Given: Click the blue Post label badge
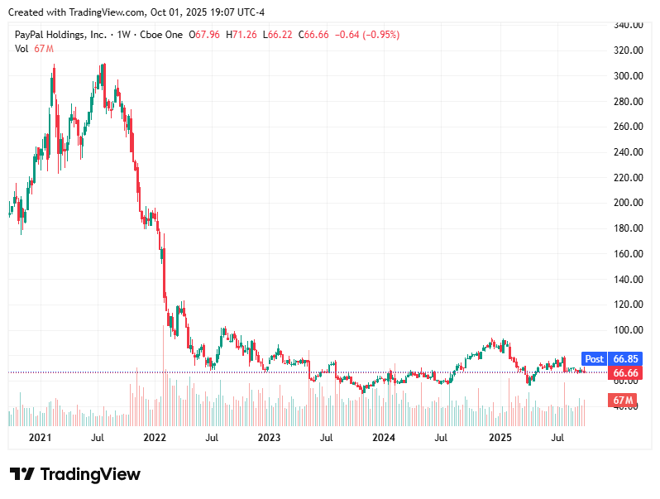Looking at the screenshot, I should pos(594,359).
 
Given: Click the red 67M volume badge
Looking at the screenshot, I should pos(623,401).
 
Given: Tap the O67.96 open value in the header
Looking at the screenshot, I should pos(204,35).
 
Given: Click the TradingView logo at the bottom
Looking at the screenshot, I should pos(75,474).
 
